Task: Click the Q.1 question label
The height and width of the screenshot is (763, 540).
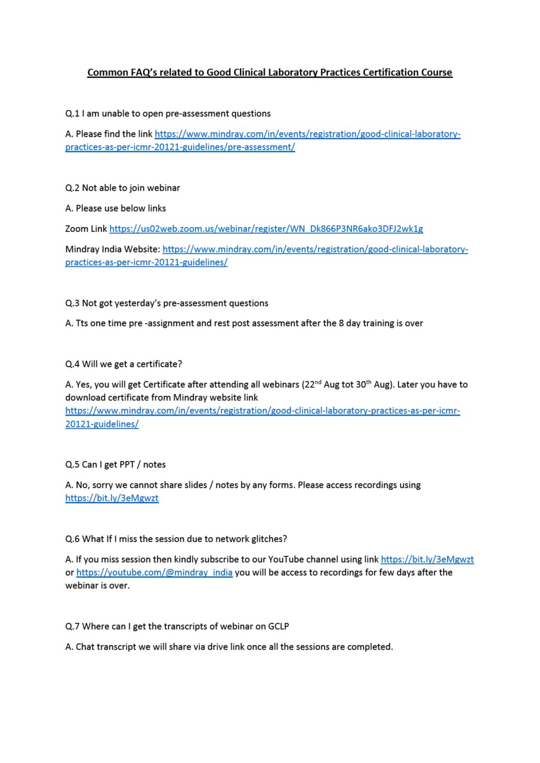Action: click(72, 113)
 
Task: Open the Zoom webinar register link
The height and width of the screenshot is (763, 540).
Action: click(266, 229)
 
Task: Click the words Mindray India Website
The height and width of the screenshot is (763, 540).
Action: click(112, 249)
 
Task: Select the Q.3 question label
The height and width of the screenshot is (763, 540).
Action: click(72, 303)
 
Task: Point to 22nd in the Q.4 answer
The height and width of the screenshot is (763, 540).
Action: click(312, 384)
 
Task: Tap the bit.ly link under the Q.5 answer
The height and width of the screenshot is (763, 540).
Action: click(112, 498)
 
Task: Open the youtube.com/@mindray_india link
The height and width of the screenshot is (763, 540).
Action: click(155, 572)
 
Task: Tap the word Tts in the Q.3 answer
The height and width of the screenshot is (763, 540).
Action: click(82, 323)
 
